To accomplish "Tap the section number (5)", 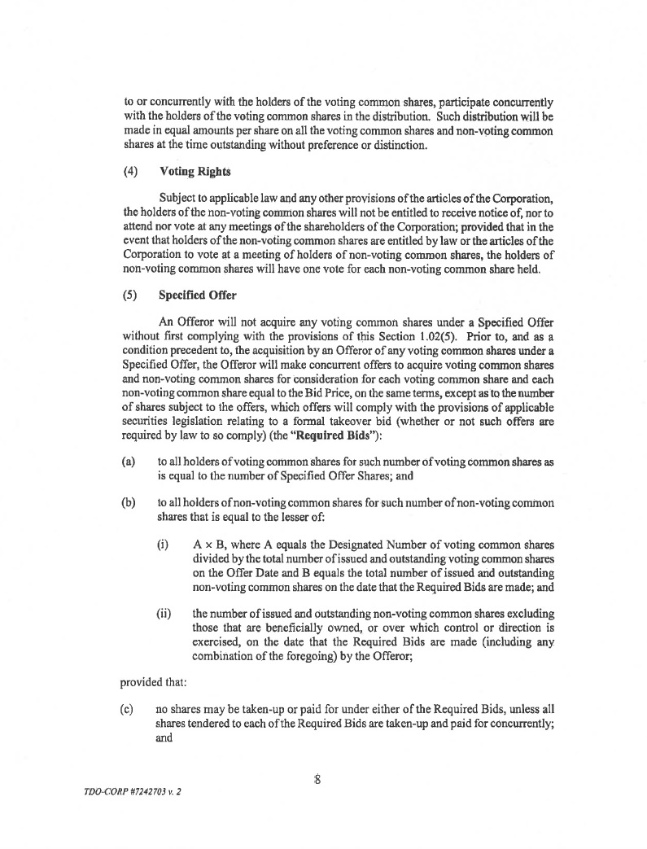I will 130,296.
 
